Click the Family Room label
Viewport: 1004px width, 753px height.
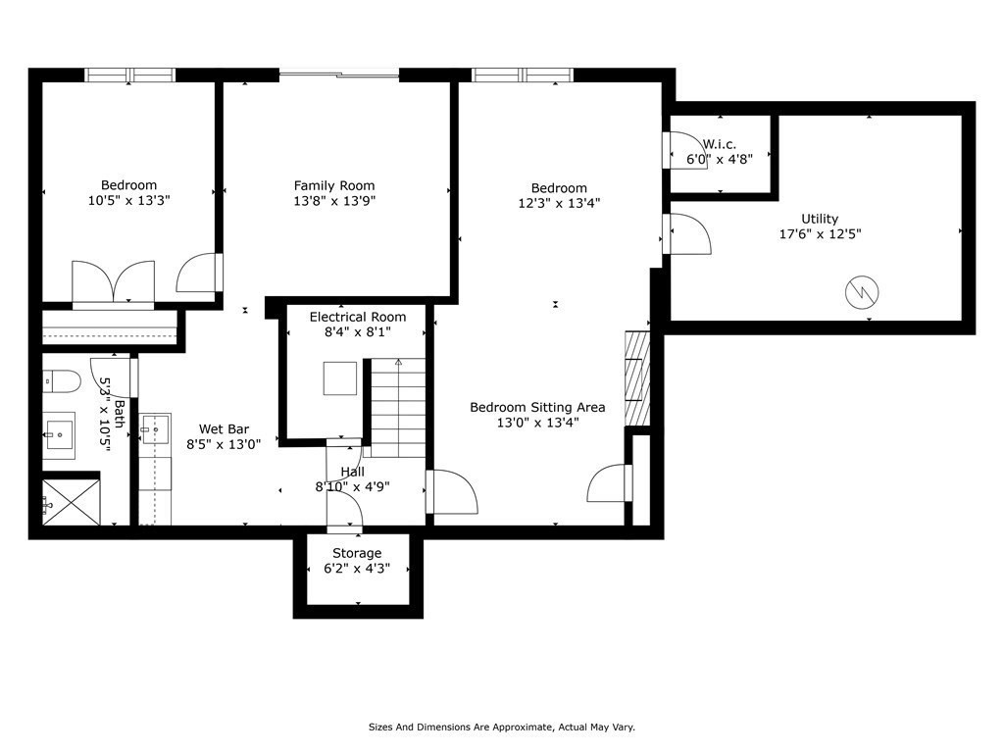334,185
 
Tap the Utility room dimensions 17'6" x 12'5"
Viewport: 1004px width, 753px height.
819,234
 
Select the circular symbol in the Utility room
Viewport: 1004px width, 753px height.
862,290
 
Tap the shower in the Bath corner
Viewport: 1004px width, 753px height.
71,502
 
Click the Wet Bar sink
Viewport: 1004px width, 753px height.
155,429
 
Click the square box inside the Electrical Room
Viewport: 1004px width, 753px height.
340,378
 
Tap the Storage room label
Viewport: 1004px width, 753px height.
357,553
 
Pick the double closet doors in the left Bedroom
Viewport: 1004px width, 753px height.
114,284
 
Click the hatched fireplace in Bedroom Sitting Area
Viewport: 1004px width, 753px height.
637,378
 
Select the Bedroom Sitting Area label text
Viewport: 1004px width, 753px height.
537,407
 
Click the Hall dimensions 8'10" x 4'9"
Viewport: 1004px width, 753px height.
352,486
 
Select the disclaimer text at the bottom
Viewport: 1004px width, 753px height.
501,727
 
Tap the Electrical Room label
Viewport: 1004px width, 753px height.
357,317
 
